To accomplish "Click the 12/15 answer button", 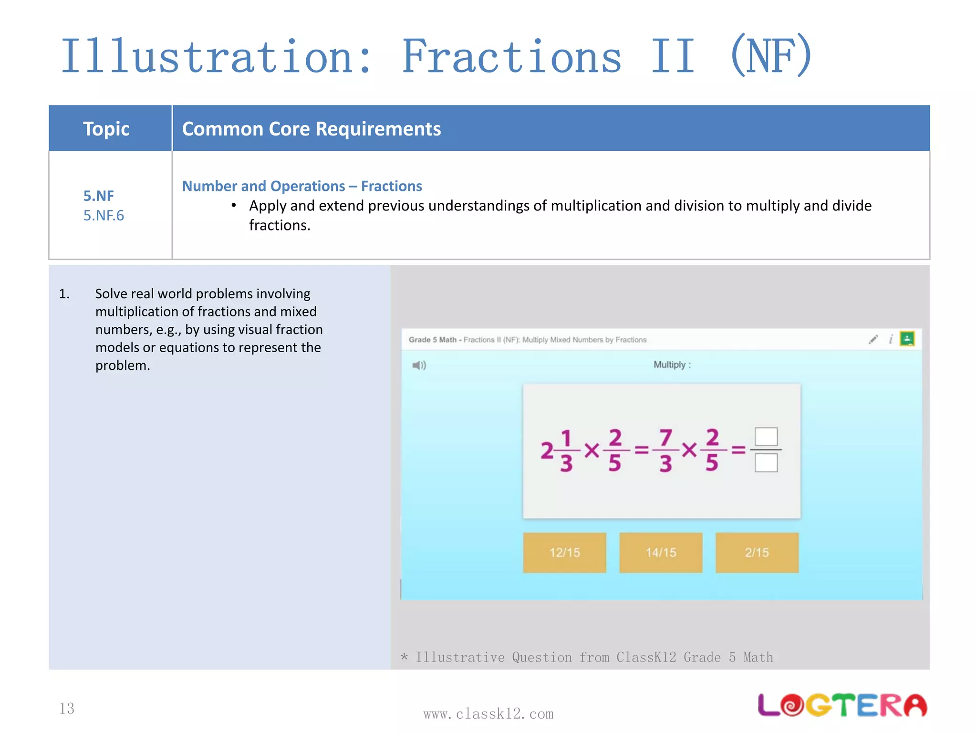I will pos(564,553).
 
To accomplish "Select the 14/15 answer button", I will pos(661,553).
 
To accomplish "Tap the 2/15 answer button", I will pos(757,553).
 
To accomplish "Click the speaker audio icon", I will pos(419,366).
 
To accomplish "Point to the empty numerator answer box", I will pos(766,436).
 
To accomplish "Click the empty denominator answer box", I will pos(766,463).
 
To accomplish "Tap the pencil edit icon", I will pos(873,339).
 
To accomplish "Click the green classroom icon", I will pos(907,339).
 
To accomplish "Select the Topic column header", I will pos(106,129).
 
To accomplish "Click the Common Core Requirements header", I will pos(312,129).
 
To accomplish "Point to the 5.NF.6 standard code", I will pos(104,215).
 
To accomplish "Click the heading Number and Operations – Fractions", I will pos(302,186).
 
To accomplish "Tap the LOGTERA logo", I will pos(842,705).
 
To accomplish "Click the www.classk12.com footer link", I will pos(488,714).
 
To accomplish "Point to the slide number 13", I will pos(67,708).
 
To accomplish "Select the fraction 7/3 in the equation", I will pos(665,450).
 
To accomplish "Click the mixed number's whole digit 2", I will pos(547,450).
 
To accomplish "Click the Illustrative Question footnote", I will pos(587,657).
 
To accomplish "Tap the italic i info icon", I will pos(890,339).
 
